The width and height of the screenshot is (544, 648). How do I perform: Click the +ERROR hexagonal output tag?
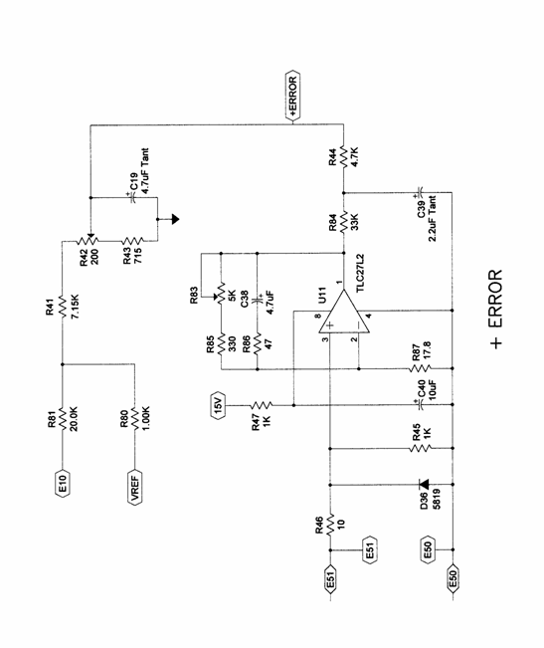[292, 97]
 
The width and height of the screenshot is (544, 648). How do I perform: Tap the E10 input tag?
[63, 483]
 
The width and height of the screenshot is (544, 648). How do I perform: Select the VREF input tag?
[134, 487]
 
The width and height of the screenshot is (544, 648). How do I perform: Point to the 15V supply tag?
[218, 405]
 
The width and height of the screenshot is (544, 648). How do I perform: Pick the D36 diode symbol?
[424, 484]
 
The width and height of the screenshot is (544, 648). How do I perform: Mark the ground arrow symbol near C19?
[175, 219]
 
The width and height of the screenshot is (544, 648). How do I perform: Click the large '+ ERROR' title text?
[495, 310]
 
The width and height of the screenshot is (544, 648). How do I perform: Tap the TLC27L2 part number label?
[361, 273]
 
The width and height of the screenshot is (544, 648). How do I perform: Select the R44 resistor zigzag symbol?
[343, 156]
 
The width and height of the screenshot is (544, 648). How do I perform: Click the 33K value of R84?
[355, 222]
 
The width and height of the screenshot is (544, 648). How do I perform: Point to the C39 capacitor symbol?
[420, 192]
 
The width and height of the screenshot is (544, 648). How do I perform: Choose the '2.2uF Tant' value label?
[433, 219]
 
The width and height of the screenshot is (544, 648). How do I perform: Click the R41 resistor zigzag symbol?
[63, 307]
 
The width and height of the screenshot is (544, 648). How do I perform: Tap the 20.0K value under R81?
[74, 419]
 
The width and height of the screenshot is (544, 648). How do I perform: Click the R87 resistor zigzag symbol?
[420, 368]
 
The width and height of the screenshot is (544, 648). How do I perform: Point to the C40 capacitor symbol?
[421, 405]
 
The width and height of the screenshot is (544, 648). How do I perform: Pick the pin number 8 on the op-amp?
[317, 317]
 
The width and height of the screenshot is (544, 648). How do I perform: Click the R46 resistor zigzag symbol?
[330, 525]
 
